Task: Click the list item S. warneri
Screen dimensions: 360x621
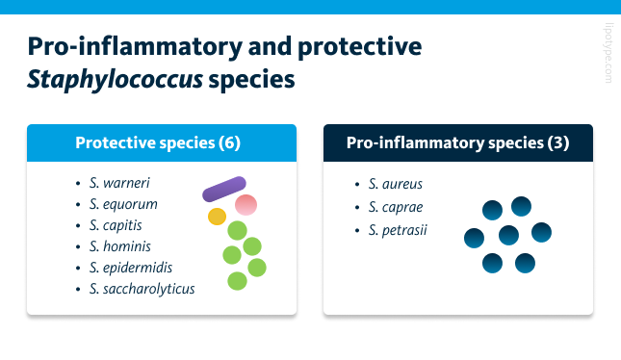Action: [x=119, y=183]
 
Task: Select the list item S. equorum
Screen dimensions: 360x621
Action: [x=123, y=204]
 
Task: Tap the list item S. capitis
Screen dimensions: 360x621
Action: [x=118, y=225]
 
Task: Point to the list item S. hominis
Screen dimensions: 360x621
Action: [x=120, y=246]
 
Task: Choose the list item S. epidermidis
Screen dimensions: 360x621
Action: [x=130, y=268]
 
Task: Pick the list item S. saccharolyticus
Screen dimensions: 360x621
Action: [x=142, y=289]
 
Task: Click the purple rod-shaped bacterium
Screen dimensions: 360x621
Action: [x=225, y=189]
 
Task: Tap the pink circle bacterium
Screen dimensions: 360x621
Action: [x=246, y=204]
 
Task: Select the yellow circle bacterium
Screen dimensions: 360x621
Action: [x=217, y=217]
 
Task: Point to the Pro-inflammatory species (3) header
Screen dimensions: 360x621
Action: [x=457, y=143]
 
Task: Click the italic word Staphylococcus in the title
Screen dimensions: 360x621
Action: [x=115, y=78]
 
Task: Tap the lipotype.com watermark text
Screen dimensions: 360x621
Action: [x=608, y=53]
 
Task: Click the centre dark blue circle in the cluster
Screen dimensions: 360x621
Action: [x=508, y=234]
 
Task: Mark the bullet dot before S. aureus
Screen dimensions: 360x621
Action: [x=357, y=184]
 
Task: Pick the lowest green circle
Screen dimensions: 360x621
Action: [x=237, y=281]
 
